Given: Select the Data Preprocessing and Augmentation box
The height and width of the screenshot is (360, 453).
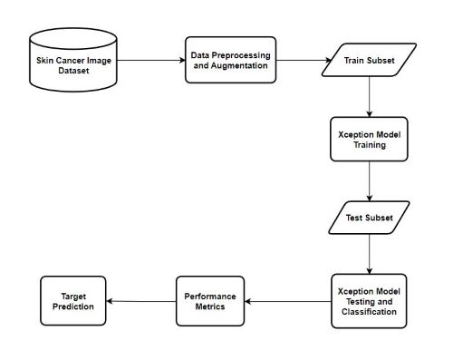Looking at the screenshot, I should (230, 61).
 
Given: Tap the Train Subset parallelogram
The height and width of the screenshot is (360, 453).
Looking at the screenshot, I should (370, 61).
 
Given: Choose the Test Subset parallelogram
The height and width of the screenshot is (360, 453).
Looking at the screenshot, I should (369, 218).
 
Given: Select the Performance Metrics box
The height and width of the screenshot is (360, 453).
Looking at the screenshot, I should (210, 301).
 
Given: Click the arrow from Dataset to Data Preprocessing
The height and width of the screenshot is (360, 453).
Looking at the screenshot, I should (150, 61).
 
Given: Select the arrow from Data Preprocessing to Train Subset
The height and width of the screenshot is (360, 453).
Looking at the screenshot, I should (304, 61).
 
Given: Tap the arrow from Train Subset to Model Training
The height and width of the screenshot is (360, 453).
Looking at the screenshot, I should (370, 94).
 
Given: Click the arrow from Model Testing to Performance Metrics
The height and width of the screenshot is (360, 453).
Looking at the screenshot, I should (289, 301).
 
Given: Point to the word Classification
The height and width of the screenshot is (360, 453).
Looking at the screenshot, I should (368, 311).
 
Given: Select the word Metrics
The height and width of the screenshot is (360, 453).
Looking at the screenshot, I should (210, 307).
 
